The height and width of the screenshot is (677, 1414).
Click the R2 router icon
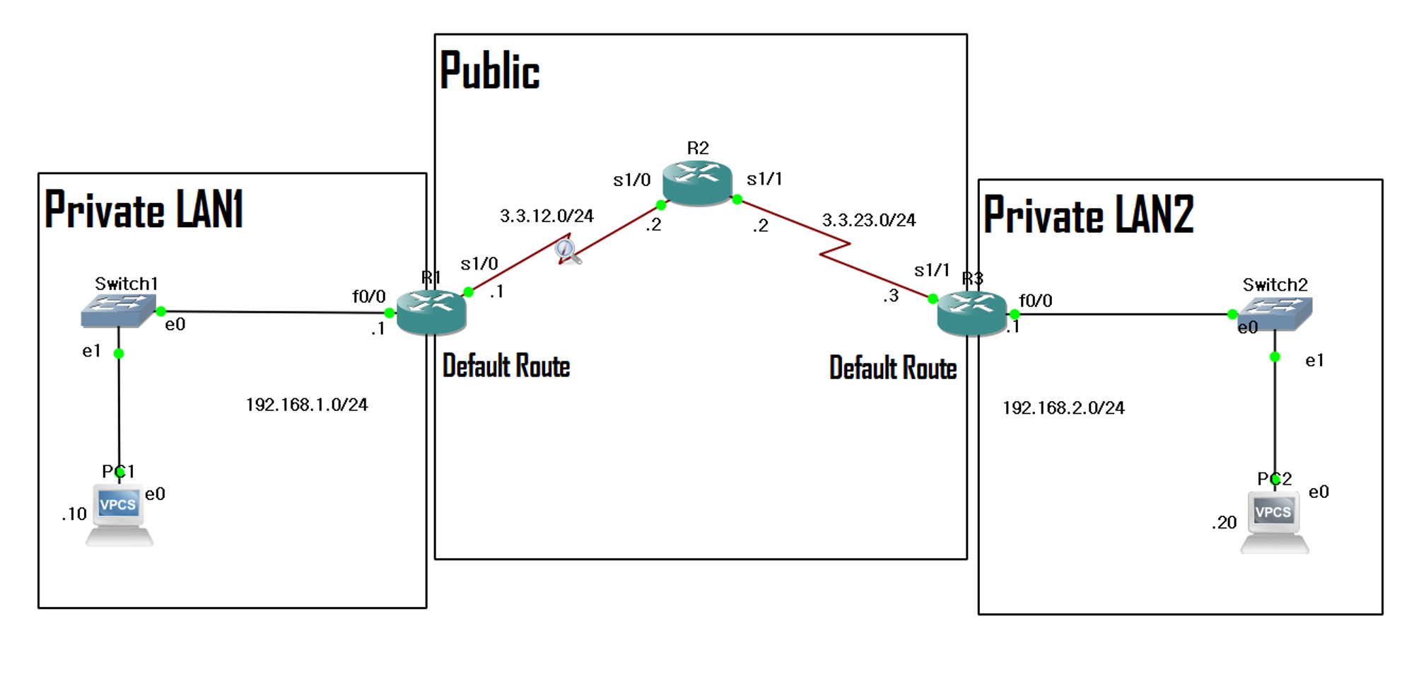click(x=697, y=182)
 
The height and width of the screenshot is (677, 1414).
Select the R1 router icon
click(x=431, y=311)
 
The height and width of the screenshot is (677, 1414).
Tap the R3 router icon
click(x=971, y=313)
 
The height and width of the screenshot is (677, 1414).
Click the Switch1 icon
click(x=118, y=310)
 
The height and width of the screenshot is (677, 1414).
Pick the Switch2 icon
click(x=1275, y=313)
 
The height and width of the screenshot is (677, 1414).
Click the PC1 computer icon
click(x=119, y=514)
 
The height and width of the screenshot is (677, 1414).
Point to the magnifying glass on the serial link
click(x=566, y=250)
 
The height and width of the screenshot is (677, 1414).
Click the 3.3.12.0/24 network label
click(x=547, y=216)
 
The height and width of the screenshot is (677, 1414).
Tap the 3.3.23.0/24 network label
click(x=868, y=221)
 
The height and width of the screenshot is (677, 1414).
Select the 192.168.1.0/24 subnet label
click(x=307, y=405)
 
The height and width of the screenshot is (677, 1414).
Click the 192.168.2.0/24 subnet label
click(x=1063, y=408)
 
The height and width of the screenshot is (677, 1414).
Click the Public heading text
click(x=489, y=71)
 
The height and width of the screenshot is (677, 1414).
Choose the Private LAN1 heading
click(x=144, y=210)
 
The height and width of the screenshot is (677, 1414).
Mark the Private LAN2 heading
click(x=1088, y=215)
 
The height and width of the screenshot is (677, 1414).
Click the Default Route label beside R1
click(x=506, y=366)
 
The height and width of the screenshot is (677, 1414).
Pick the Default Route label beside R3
click(x=893, y=369)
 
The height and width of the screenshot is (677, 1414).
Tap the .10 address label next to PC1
click(x=74, y=514)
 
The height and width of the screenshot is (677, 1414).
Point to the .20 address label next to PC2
click(x=1224, y=523)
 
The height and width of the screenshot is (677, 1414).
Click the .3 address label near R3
click(x=891, y=296)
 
